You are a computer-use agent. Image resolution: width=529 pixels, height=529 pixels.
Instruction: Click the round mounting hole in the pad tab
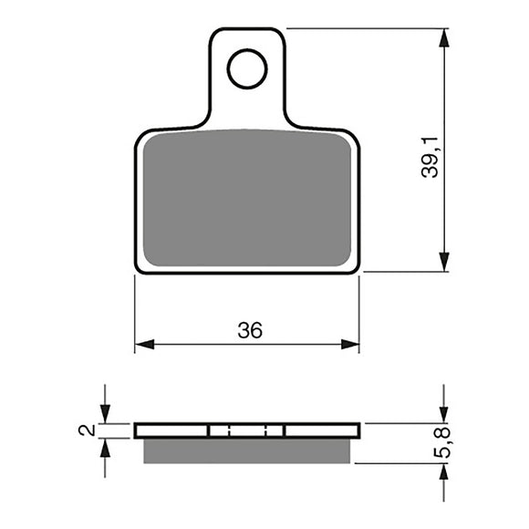point(247,69)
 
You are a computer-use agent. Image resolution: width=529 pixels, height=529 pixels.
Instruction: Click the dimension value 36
point(249,330)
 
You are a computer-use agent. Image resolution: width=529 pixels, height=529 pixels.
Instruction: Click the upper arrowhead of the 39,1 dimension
point(444,38)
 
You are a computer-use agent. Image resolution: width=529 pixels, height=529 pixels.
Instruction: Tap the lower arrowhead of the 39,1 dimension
point(444,262)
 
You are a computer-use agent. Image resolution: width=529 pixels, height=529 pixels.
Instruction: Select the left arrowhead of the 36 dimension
point(144,345)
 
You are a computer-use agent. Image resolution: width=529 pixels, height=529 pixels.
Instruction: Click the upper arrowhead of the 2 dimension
point(106,414)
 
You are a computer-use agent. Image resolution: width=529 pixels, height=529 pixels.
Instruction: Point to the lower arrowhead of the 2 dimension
point(106,447)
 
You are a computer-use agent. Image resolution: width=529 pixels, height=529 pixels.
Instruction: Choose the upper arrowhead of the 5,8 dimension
point(444,413)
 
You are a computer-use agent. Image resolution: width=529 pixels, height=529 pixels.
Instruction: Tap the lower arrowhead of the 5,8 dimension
point(444,472)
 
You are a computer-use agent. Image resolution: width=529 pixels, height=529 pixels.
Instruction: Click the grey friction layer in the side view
point(247,450)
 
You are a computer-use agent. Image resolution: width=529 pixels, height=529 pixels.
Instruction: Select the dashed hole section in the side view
point(247,430)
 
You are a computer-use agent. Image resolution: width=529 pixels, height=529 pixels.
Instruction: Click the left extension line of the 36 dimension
point(135,310)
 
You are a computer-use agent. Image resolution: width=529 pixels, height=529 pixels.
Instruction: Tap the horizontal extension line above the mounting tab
point(365,28)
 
